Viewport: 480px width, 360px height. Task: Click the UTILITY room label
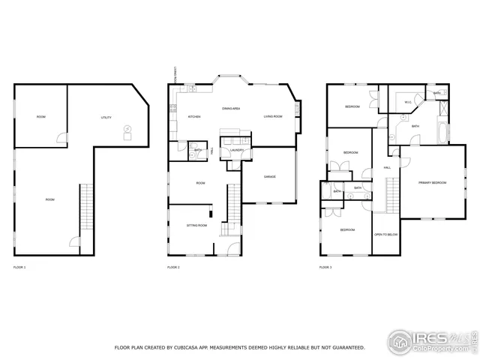point(106,118)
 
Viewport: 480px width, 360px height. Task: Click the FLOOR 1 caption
point(19,267)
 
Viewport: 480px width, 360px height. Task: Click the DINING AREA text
point(230,109)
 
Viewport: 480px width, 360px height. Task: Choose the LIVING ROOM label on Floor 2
point(272,117)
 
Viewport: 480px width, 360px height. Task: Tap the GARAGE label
point(270,176)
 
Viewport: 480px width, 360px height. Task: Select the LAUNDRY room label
point(237,150)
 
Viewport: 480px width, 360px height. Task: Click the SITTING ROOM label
point(196,225)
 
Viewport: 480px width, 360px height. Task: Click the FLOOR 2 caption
point(173,267)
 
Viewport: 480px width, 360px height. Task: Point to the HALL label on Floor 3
point(387,167)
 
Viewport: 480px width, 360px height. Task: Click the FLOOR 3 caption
point(325,267)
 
